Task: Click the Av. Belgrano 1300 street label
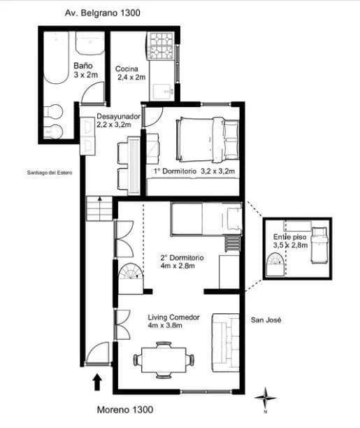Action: coord(102,13)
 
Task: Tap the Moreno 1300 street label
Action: coord(125,409)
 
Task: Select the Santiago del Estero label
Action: coord(50,173)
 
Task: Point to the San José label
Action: coord(266,320)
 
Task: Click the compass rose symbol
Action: coord(266,398)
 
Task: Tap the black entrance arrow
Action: coord(97,383)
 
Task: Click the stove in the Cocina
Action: coord(161,46)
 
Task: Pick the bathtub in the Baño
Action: coord(56,57)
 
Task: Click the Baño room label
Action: coord(83,66)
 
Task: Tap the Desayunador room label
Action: coord(118,116)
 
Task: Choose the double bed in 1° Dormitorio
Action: coord(208,139)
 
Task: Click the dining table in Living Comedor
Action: coord(164,359)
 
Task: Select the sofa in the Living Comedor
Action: coord(226,343)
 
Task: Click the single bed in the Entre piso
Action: coord(319,245)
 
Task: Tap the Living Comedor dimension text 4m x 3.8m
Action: coord(165,325)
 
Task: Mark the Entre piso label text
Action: coord(289,237)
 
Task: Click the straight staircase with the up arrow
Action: coord(100,208)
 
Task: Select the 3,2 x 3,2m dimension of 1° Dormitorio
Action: coord(218,171)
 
